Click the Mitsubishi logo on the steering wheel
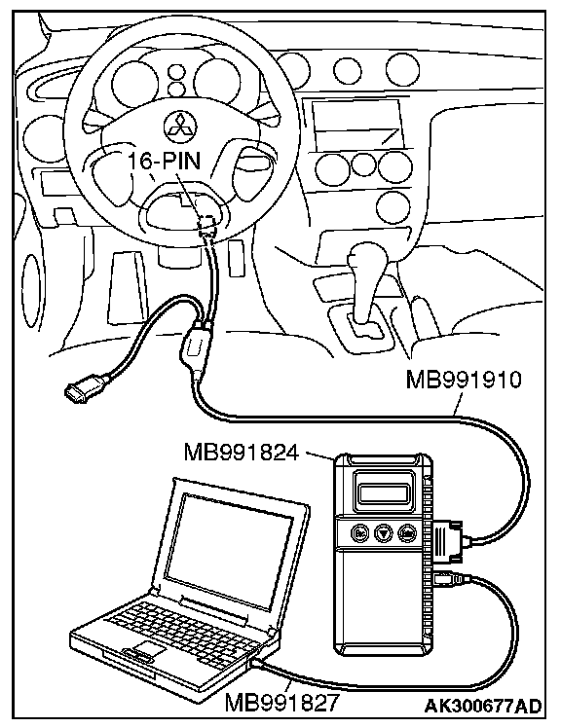[x=180, y=126]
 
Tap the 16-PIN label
[x=165, y=162]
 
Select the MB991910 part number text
[x=464, y=380]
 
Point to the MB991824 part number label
[x=241, y=452]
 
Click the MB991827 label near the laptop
[x=282, y=703]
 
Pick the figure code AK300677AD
[x=483, y=706]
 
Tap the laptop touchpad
[x=149, y=649]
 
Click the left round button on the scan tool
[x=359, y=533]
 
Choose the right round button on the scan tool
[x=407, y=533]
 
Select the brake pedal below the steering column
[x=126, y=288]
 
